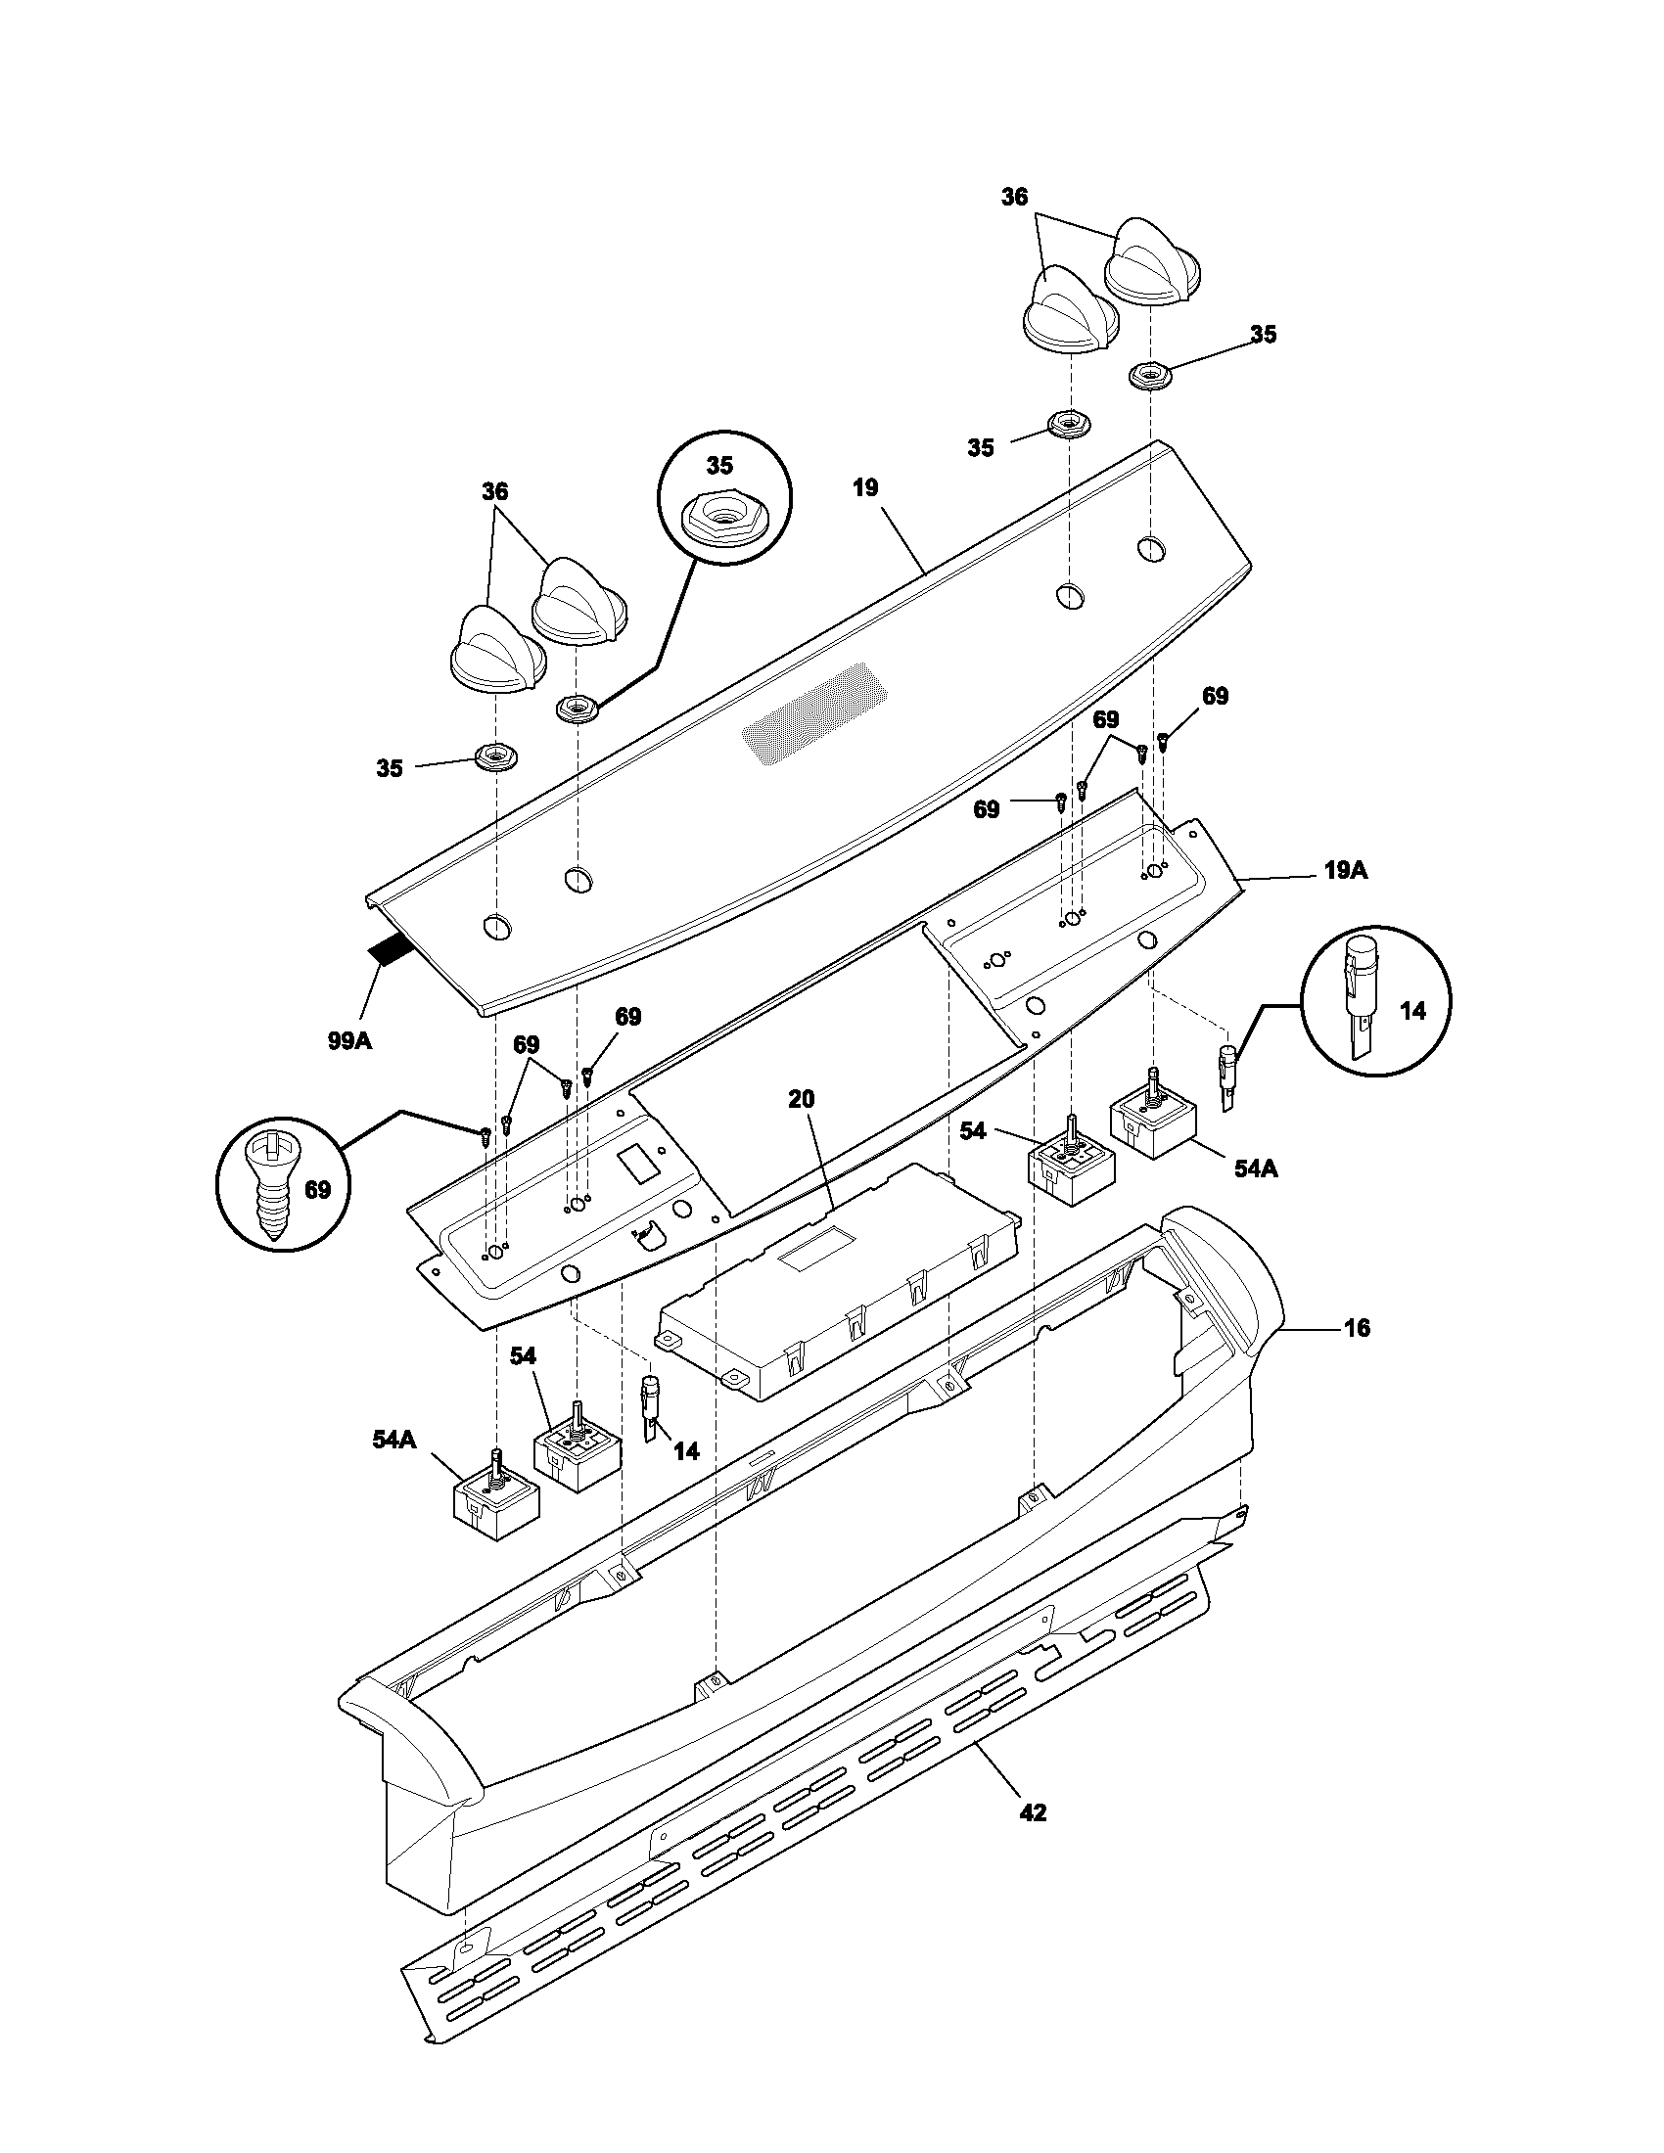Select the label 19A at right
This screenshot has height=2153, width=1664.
[1346, 870]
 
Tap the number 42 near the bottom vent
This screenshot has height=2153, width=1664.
[1032, 1811]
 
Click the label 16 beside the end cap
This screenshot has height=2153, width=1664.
[1357, 1328]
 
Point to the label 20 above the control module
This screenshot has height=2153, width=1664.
[802, 1099]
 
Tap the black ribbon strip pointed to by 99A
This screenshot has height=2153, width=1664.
[390, 951]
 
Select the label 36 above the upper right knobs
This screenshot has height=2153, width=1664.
[1014, 197]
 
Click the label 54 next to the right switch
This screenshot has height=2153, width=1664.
[972, 1131]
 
